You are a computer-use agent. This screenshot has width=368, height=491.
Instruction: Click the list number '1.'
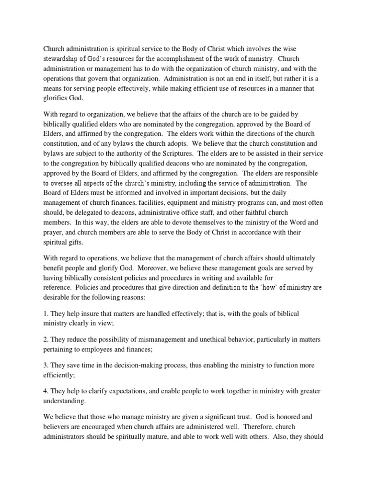pos(46,314)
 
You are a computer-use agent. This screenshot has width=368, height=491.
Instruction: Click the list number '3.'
pos(46,365)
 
